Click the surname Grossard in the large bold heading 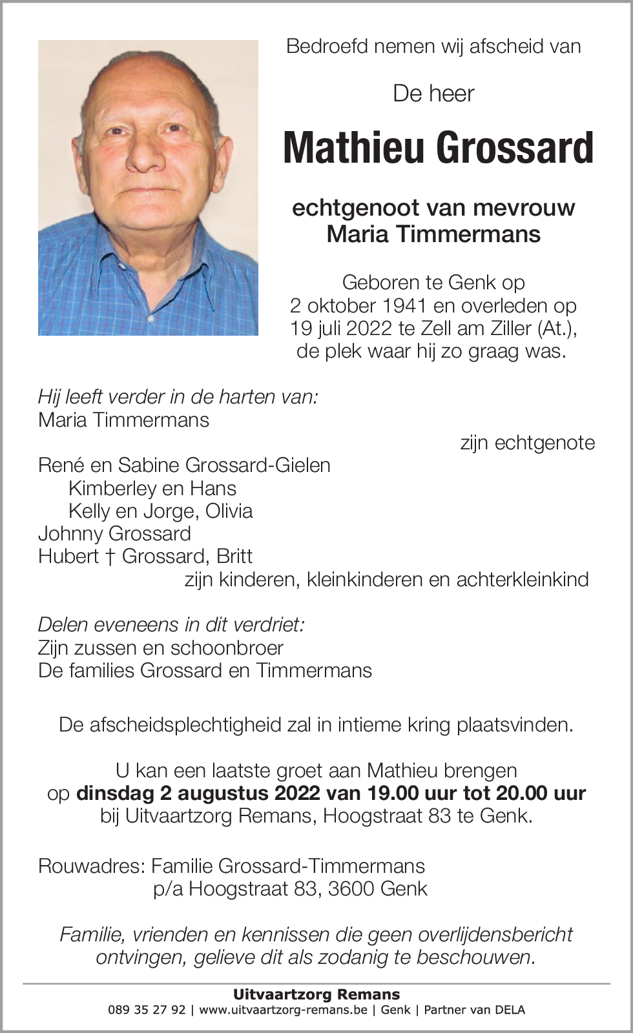pyautogui.click(x=515, y=148)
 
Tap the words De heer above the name pyautogui.click(x=433, y=94)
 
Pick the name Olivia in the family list pyautogui.click(x=229, y=511)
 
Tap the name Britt pyautogui.click(x=234, y=557)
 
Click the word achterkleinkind pyautogui.click(x=523, y=579)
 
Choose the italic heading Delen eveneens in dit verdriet pyautogui.click(x=171, y=625)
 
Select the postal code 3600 pyautogui.click(x=351, y=889)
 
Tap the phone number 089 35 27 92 pyautogui.click(x=147, y=1010)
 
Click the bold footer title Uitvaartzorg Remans pyautogui.click(x=316, y=994)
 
